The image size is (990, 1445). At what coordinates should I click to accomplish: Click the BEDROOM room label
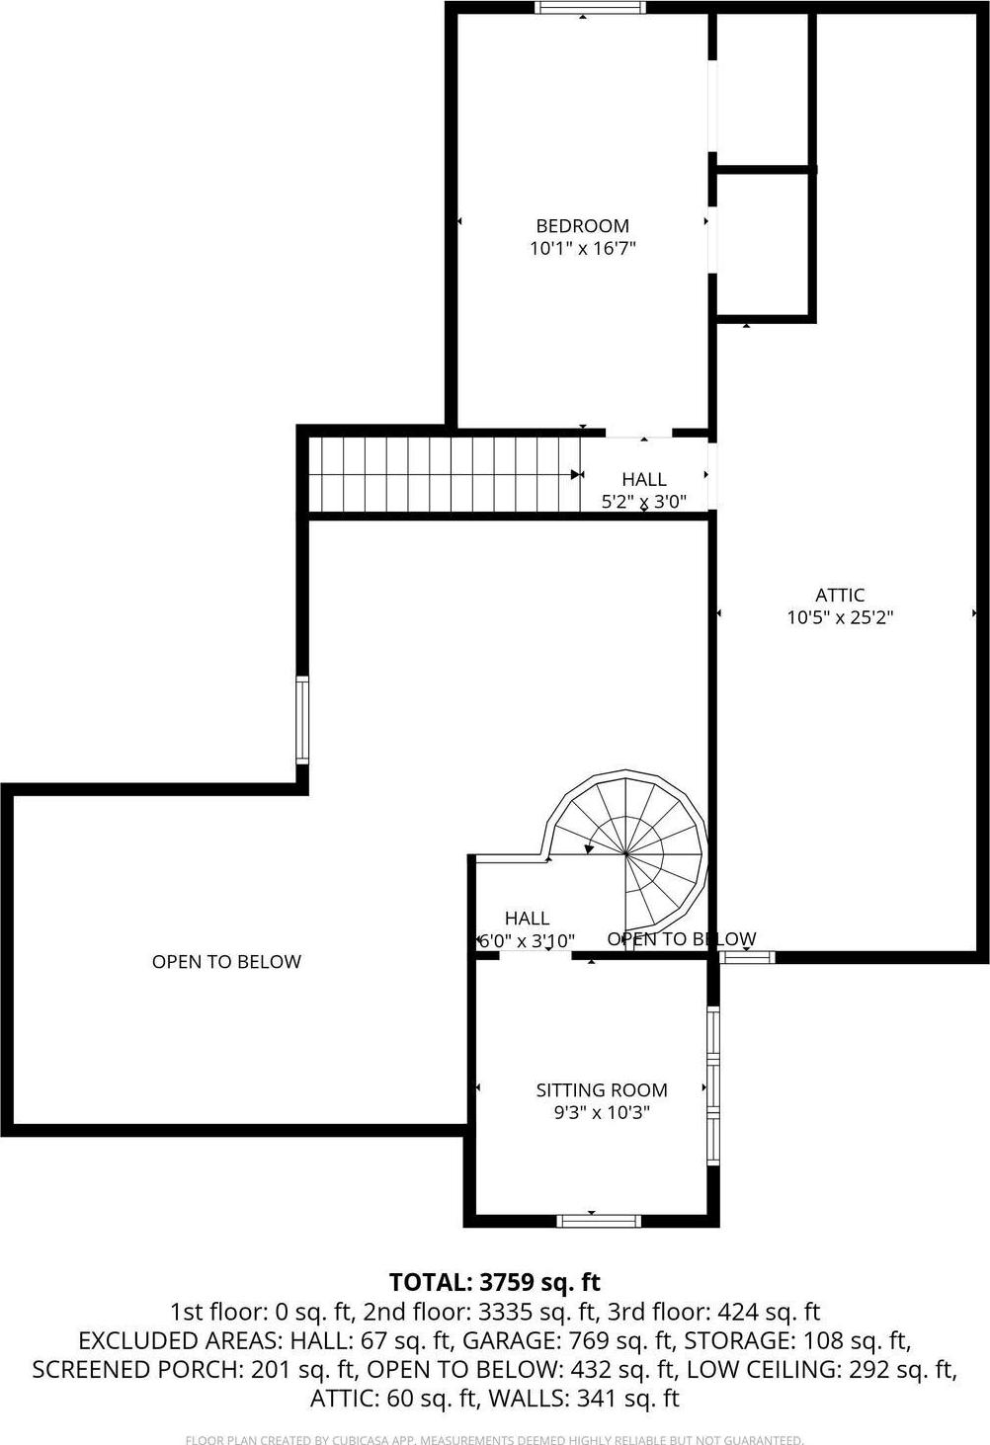coord(582,226)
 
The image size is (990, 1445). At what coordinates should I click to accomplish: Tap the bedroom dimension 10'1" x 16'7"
coord(582,249)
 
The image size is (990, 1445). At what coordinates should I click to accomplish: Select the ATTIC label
coord(840,596)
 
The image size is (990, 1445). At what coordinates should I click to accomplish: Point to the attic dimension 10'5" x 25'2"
coord(840,618)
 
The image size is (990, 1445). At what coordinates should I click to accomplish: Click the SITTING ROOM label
coord(602,1090)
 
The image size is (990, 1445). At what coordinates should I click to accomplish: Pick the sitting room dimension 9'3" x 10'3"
coord(602,1113)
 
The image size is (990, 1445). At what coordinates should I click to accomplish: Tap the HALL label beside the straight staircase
coord(644,479)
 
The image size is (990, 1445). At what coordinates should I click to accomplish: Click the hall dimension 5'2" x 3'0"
coord(644,501)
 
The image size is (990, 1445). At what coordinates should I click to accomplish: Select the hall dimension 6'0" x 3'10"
coord(526,941)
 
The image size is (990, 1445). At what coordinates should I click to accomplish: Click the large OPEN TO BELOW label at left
coord(226,962)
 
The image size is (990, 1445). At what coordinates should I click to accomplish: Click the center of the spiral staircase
coord(626,851)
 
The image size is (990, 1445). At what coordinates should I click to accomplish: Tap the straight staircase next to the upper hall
coord(445,474)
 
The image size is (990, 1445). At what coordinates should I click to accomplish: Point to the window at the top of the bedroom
coord(590,8)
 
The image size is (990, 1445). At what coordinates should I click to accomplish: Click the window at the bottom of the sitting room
coord(599,1221)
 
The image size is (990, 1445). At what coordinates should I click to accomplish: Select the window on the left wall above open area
coord(302,720)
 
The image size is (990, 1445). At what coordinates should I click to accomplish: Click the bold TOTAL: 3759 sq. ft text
coord(495,1282)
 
